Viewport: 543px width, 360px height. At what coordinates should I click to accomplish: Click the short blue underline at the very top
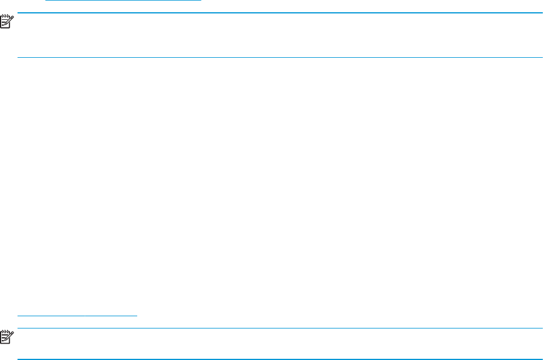tap(123, 1)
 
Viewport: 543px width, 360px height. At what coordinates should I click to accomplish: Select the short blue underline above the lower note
tap(77, 316)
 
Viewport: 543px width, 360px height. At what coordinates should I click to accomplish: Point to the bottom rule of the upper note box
tap(280, 57)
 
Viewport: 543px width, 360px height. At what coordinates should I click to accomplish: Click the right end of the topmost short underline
tap(200, 1)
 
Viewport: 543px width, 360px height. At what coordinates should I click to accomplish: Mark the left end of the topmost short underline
tap(47, 1)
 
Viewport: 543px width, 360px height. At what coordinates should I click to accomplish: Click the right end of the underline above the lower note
tap(137, 316)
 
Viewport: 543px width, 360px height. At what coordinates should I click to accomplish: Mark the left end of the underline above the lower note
tap(18, 316)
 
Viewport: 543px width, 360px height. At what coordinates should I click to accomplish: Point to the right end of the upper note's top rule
tap(542, 13)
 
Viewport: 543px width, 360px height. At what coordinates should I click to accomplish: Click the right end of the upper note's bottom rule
tap(542, 57)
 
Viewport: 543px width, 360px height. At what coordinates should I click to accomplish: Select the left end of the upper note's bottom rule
tap(18, 57)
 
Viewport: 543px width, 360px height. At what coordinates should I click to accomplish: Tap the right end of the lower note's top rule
tap(542, 328)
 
